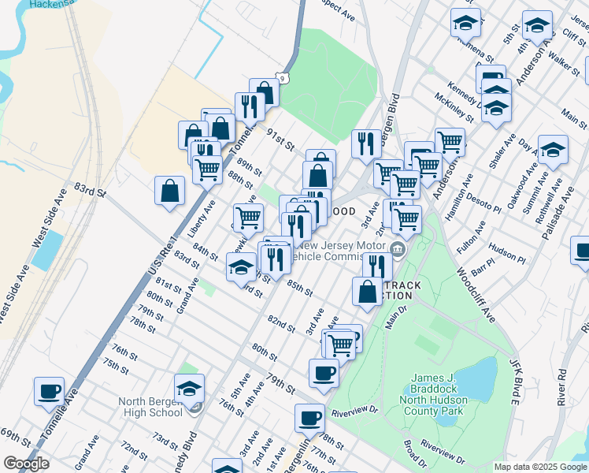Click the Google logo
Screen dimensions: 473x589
26,464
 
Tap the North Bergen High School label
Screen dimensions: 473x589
150,407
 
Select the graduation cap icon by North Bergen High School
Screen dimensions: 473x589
190,389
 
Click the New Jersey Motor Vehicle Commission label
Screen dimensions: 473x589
340,250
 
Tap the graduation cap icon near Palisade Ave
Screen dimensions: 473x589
553,149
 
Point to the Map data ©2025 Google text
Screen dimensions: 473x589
540,467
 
